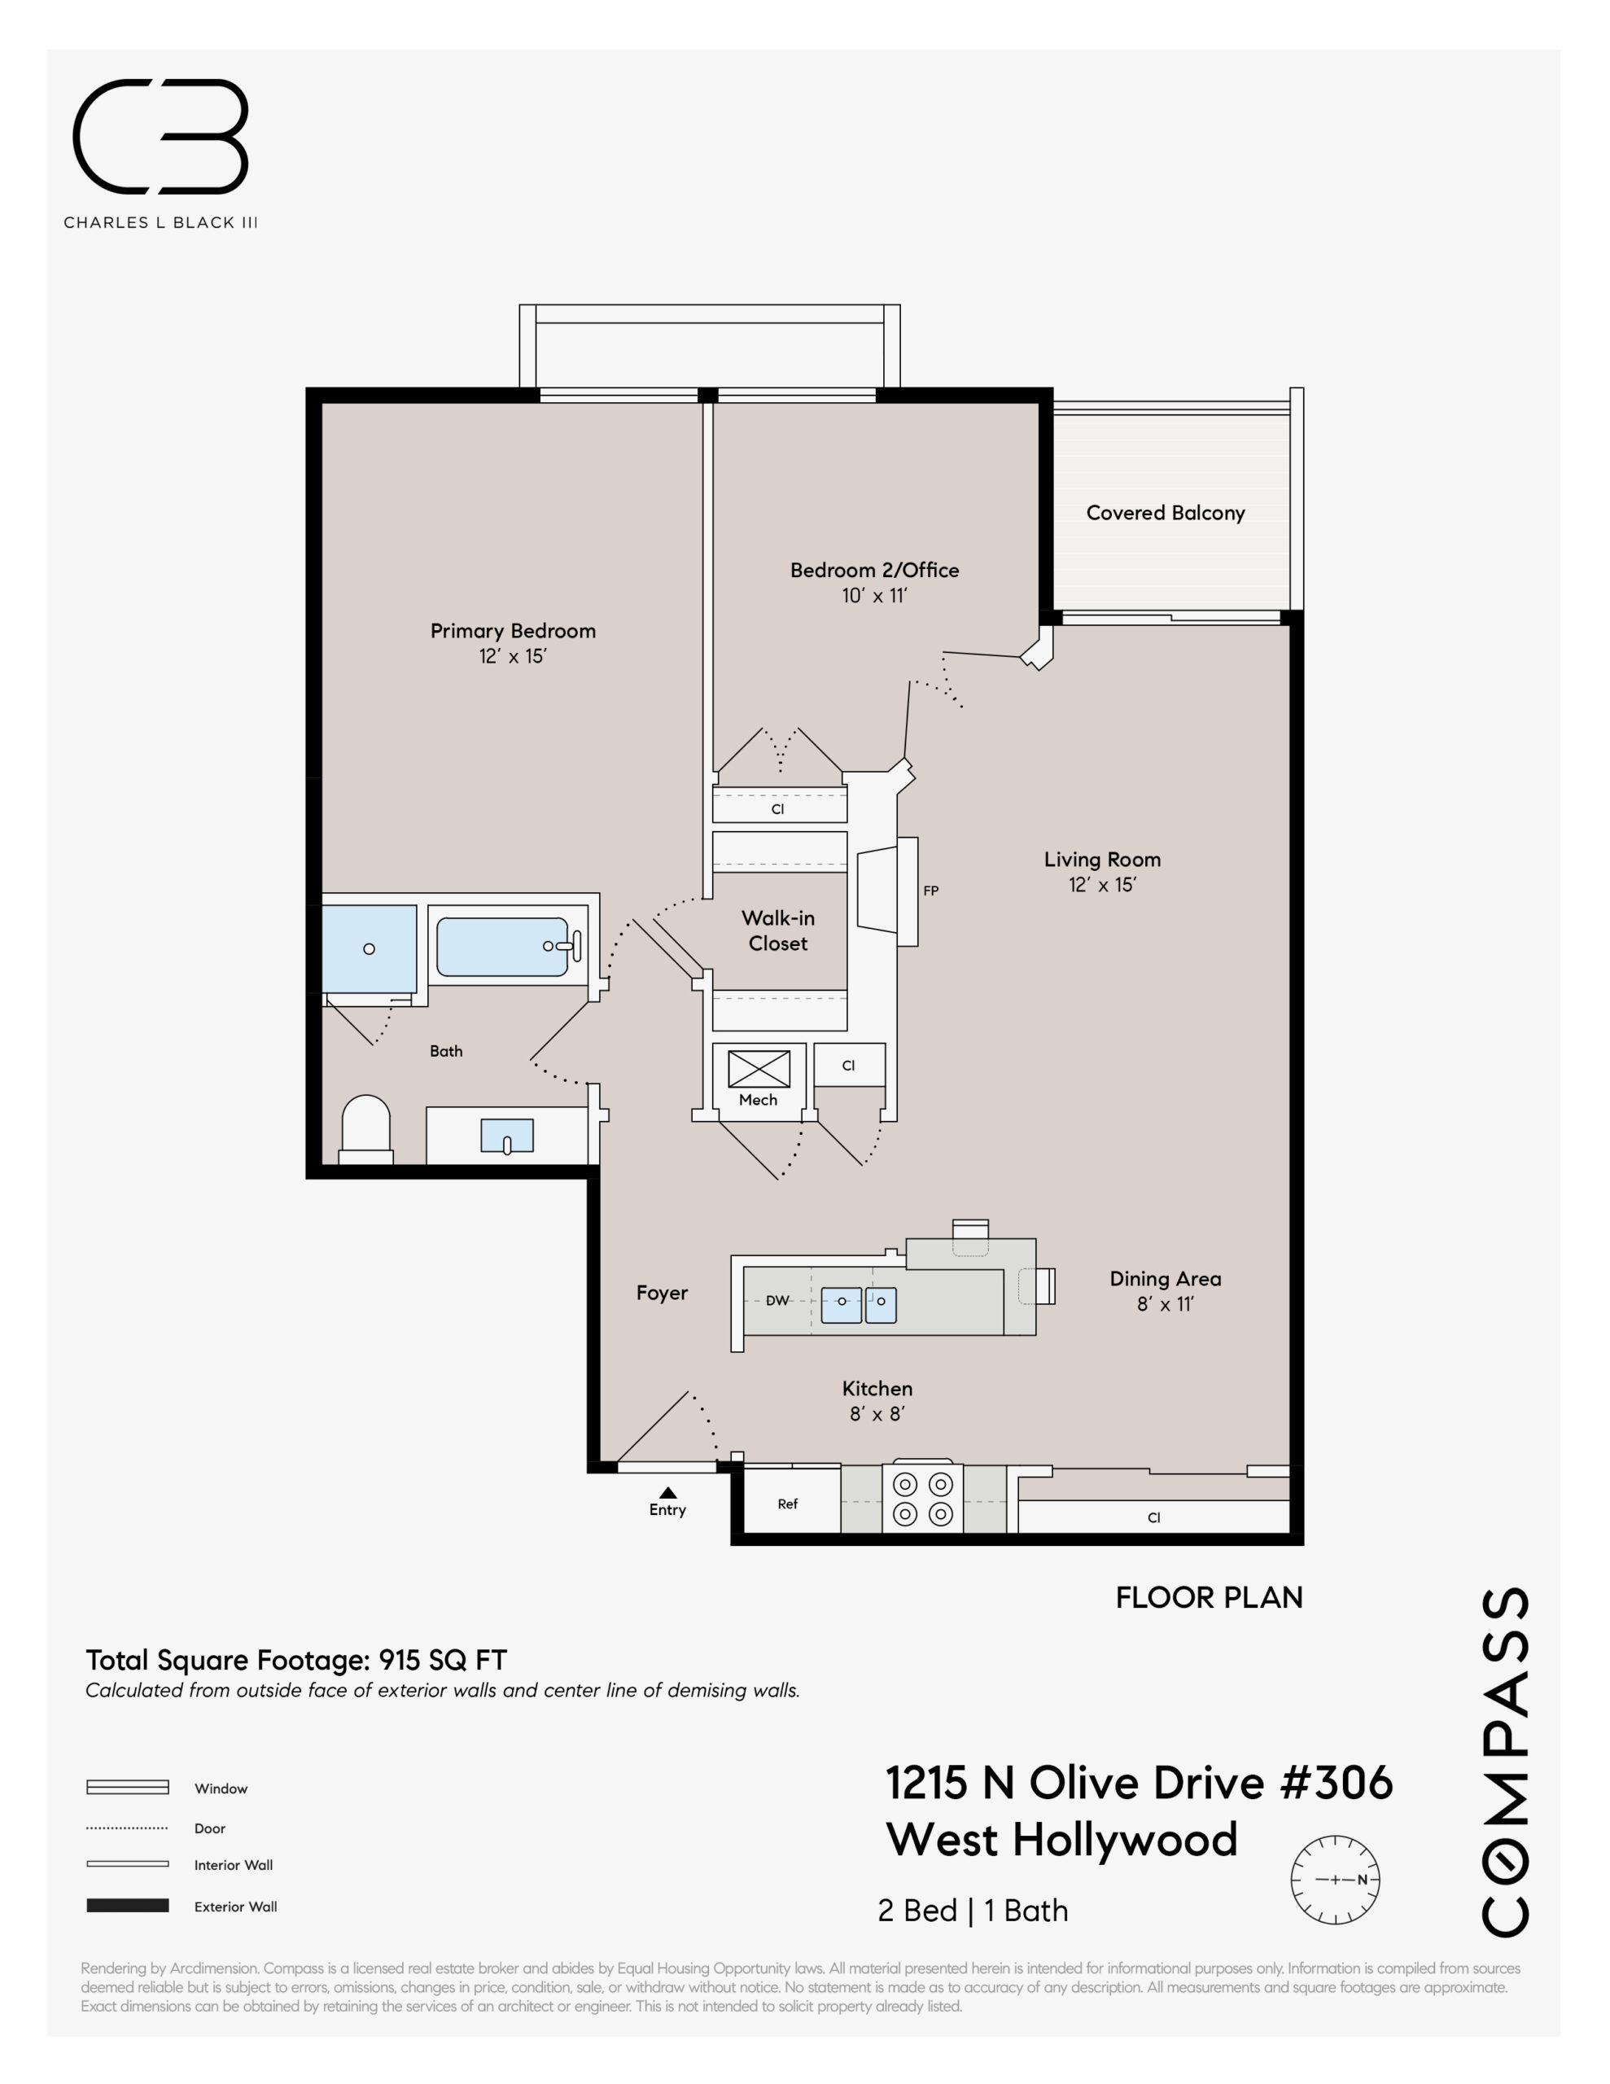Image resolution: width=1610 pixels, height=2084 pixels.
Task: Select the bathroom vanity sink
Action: point(507,1136)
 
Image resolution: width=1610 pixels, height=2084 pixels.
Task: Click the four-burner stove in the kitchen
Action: point(923,1499)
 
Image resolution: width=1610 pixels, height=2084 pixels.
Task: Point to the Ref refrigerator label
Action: point(787,1504)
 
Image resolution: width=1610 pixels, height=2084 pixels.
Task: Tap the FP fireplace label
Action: point(930,891)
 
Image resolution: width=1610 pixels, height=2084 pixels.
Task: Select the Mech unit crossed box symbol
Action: point(759,1069)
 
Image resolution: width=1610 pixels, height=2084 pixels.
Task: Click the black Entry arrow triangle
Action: point(668,1492)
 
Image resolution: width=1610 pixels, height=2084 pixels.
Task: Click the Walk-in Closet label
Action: point(778,930)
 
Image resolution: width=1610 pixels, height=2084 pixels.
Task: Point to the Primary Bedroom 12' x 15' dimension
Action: point(513,655)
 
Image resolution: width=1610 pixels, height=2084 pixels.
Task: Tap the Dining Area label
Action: point(1166,1279)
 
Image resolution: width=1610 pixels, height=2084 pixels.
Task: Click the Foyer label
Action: point(663,1293)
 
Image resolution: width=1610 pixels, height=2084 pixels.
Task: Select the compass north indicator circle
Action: point(1335,1880)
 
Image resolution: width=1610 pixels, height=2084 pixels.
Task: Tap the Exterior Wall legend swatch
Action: point(128,1906)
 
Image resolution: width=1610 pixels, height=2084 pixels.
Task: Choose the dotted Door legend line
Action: point(128,1828)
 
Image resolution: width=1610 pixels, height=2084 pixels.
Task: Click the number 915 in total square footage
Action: point(399,1661)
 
